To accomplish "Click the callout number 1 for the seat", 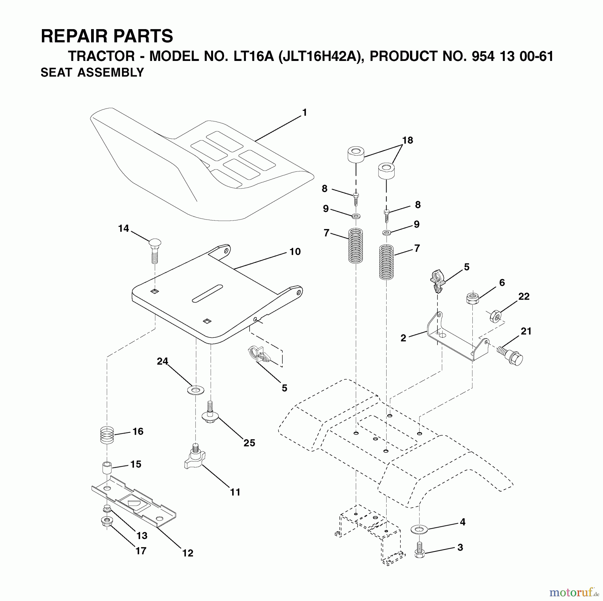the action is (x=304, y=113).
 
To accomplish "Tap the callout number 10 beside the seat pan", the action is (x=295, y=251).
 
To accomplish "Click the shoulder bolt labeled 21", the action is (x=511, y=355).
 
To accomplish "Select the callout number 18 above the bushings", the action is (x=408, y=140).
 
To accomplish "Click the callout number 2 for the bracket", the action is (x=403, y=338).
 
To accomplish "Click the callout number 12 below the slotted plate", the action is (x=188, y=553).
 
